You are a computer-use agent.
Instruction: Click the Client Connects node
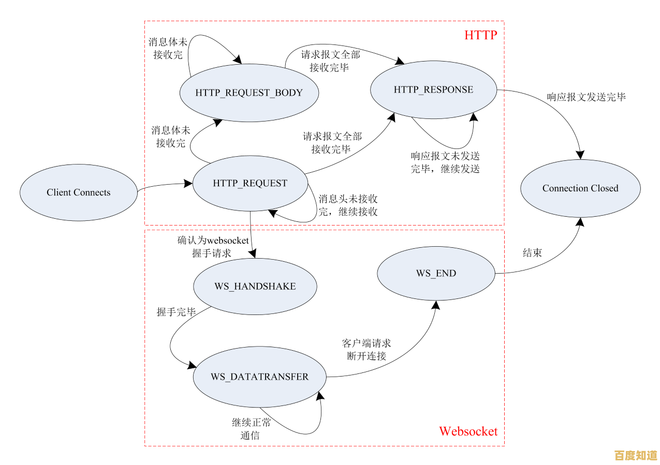pos(79,192)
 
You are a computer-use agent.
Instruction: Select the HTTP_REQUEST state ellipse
pos(250,183)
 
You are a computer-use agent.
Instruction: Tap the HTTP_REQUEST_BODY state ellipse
pos(249,93)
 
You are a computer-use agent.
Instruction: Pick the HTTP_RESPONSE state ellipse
pos(433,89)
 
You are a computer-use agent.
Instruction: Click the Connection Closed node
pos(580,188)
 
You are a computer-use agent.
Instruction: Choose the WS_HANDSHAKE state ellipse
pos(255,286)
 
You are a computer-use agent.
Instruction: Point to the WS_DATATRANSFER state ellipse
pos(259,377)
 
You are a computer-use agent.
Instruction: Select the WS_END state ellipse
pos(436,273)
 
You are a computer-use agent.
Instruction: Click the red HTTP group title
pos(480,35)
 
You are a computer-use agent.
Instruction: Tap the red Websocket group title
pos(468,431)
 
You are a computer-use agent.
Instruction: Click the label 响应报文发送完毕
pos(586,97)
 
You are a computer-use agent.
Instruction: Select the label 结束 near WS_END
pos(532,253)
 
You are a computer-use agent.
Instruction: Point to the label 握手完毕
pos(176,312)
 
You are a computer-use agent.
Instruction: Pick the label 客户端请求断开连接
pos(366,350)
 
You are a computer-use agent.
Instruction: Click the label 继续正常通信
pos(251,429)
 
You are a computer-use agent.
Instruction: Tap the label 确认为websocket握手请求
pos(213,247)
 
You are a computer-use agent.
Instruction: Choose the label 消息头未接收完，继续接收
pos(348,205)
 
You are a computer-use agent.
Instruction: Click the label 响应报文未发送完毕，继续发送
pos(445,162)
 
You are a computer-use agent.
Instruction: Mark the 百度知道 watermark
pos(635,455)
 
